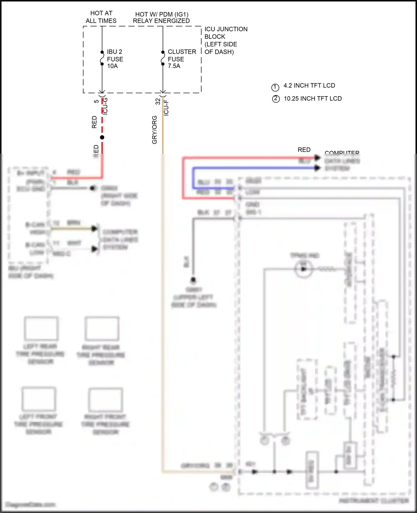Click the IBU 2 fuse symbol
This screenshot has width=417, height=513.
[x=102, y=58]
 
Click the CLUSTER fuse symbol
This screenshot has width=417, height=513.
[x=163, y=58]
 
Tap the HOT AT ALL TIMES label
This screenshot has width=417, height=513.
[x=101, y=17]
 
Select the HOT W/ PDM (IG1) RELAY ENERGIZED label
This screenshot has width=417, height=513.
[x=161, y=18]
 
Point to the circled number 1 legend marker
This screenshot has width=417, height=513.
[x=275, y=87]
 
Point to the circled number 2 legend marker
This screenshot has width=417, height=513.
[x=276, y=99]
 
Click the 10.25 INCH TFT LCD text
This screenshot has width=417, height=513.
[x=313, y=99]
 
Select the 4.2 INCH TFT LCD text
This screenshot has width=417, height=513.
[x=309, y=86]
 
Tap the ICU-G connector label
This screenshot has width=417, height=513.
[x=105, y=106]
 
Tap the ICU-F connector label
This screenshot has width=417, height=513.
[x=166, y=108]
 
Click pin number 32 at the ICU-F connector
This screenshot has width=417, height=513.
[x=158, y=102]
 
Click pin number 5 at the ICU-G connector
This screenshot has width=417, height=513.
[x=96, y=101]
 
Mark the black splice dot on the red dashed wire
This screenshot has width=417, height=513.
[x=102, y=137]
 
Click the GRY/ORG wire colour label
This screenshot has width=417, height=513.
[x=155, y=130]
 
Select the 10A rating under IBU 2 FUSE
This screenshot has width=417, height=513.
[x=113, y=66]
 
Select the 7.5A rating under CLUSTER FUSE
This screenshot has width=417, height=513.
[x=174, y=66]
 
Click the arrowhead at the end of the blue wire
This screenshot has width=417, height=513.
[x=317, y=168]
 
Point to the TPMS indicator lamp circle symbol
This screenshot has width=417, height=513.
[x=304, y=269]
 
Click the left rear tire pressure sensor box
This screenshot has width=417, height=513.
[x=41, y=329]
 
